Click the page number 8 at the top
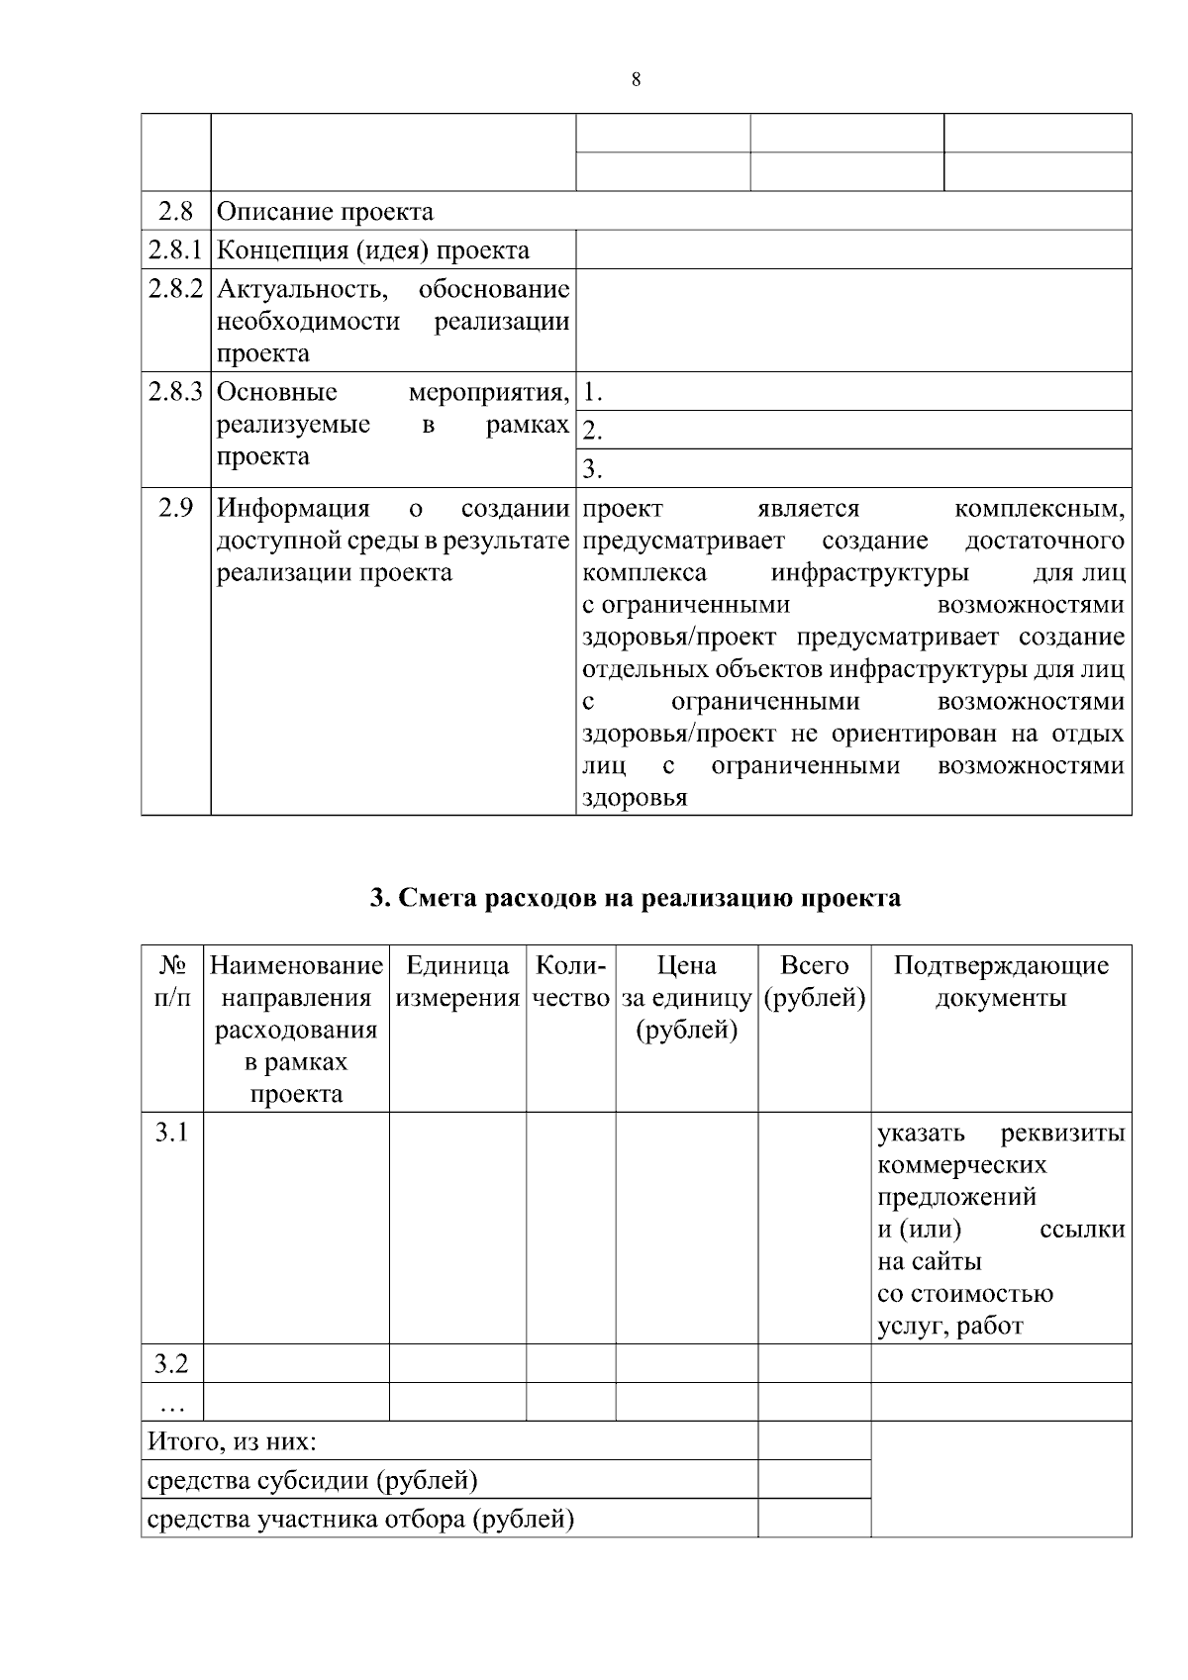coord(636,80)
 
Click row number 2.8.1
coord(175,250)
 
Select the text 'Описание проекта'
coord(325,212)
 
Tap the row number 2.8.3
coord(175,392)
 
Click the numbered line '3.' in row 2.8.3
coord(592,469)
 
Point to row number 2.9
coord(175,509)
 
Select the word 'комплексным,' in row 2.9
coord(1039,509)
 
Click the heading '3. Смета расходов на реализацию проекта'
coord(635,898)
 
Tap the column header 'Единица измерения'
coord(457,981)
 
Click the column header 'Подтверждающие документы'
coord(1000,981)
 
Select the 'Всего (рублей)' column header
coord(814,981)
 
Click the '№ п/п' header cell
coord(172,981)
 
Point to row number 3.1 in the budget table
coord(171,1132)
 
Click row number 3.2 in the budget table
coord(171,1364)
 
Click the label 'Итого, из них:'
coord(232,1441)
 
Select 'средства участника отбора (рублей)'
coord(360,1519)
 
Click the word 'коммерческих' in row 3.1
coord(961,1164)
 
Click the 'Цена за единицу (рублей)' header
coord(687,997)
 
